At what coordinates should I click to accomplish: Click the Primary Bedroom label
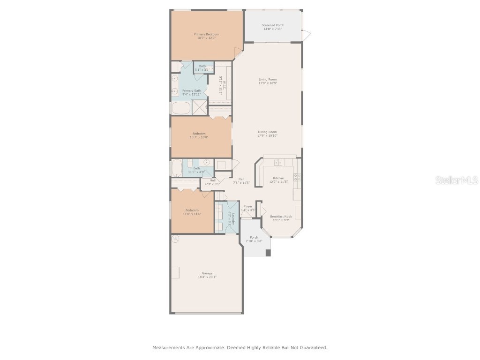point(206,34)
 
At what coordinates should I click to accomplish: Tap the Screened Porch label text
point(272,25)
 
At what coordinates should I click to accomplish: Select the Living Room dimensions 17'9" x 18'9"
point(268,83)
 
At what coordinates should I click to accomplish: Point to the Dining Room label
point(268,132)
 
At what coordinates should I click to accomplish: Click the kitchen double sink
point(278,163)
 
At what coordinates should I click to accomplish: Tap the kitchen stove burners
point(297,177)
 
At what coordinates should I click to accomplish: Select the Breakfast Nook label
point(281,217)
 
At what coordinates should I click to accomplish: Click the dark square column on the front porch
point(268,253)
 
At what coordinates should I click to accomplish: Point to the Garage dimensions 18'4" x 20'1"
point(207,277)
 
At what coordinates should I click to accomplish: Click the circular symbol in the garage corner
point(175,239)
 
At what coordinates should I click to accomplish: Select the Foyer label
point(248,206)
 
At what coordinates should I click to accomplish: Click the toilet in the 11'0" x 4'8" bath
point(206,163)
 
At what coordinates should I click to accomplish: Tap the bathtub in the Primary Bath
point(180,108)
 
